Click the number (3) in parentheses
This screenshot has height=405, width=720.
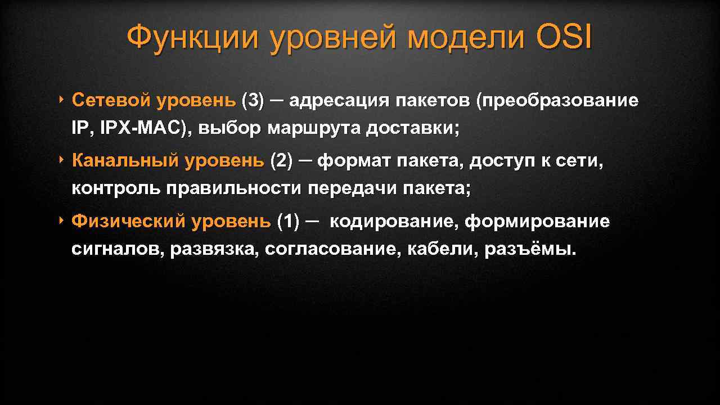tap(253, 101)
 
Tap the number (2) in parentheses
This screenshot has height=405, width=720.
tap(282, 161)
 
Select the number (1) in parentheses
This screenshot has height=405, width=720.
tap(289, 222)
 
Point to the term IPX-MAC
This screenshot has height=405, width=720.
tap(143, 128)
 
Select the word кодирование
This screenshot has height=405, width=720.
tap(393, 222)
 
